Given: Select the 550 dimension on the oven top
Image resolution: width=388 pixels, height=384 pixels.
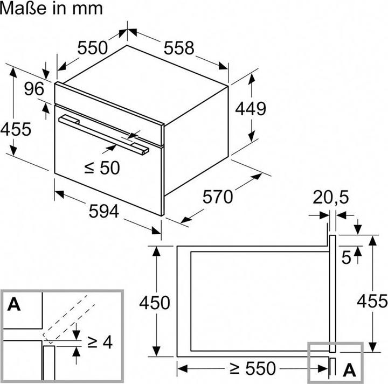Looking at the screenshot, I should pyautogui.click(x=92, y=48).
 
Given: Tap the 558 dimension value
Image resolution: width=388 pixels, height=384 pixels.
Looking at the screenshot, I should pyautogui.click(x=178, y=48).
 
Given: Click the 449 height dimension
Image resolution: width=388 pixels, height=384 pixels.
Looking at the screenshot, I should pyautogui.click(x=251, y=108).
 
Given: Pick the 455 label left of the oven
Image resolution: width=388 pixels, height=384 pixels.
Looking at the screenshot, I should pyautogui.click(x=16, y=129).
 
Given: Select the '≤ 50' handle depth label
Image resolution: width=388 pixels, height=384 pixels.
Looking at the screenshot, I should pyautogui.click(x=102, y=167).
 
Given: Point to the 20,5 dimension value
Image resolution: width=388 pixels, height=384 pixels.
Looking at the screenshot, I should pyautogui.click(x=331, y=198).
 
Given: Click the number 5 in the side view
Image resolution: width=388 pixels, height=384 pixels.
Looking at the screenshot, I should pyautogui.click(x=346, y=257).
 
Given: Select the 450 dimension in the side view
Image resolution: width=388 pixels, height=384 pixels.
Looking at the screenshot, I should pyautogui.click(x=155, y=302).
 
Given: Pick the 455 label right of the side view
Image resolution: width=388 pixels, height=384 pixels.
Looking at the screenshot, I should pyautogui.click(x=372, y=301).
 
